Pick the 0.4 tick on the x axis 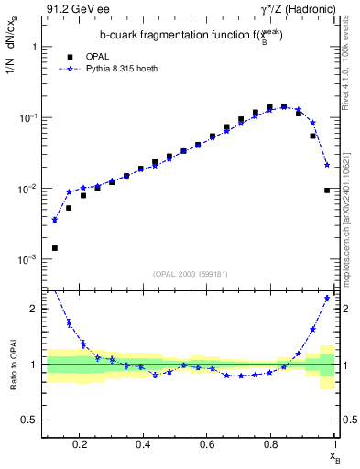coord(143,444)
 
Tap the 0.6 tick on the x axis coord(207,444)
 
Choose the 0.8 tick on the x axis coord(271,444)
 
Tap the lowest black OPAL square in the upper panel coord(55,248)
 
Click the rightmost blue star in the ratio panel coord(327,299)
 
